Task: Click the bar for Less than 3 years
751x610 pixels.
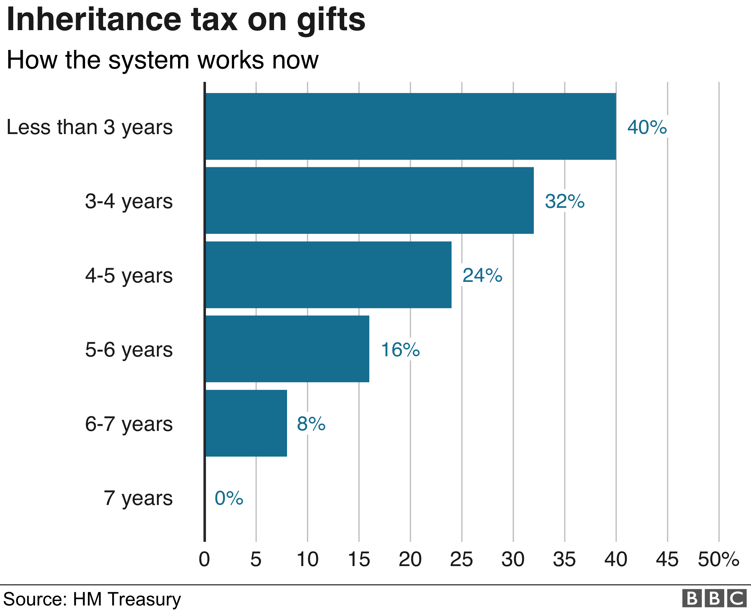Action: click(x=410, y=126)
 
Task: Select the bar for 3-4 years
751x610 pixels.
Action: click(x=369, y=201)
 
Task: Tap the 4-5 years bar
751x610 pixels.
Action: click(x=328, y=275)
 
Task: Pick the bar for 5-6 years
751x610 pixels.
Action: click(x=287, y=349)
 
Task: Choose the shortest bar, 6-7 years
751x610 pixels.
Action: click(x=246, y=423)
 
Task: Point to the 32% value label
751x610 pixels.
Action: click(x=565, y=201)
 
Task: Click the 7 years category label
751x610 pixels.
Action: click(x=138, y=498)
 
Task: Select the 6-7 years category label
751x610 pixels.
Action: click(x=129, y=424)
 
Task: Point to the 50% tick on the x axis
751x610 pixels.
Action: click(x=718, y=559)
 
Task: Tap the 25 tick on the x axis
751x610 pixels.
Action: click(x=461, y=559)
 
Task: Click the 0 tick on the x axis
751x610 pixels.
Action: click(x=204, y=559)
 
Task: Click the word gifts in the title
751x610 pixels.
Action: click(x=331, y=20)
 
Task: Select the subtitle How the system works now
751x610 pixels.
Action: click(x=162, y=60)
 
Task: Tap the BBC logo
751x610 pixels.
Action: click(x=714, y=598)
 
